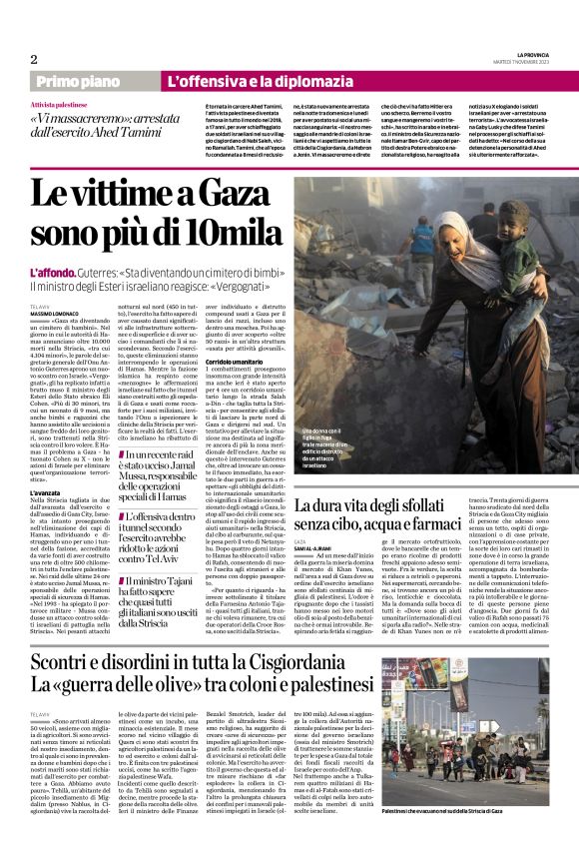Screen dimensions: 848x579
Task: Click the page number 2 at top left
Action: [34, 58]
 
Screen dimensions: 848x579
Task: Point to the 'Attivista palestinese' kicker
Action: [58, 104]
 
